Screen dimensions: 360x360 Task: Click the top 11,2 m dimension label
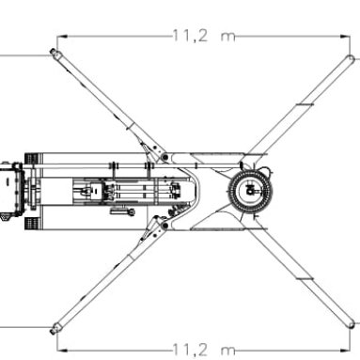(x=204, y=36)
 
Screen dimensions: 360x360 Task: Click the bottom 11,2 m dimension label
(x=204, y=350)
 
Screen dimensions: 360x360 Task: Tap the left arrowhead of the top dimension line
(x=62, y=37)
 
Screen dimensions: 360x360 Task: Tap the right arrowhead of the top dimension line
(x=345, y=37)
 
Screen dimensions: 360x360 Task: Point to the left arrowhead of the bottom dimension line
(x=62, y=350)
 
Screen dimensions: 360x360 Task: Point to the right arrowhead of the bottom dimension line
(x=345, y=350)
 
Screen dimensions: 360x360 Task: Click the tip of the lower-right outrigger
(x=352, y=324)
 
